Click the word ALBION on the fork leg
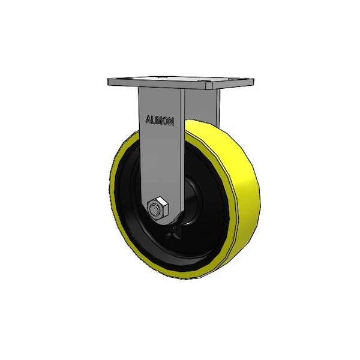pyautogui.click(x=160, y=121)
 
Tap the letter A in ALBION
pyautogui.click(x=148, y=119)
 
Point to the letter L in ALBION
pyautogui.click(x=152, y=119)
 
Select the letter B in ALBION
pyautogui.click(x=157, y=121)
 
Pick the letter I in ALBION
pyautogui.click(x=160, y=121)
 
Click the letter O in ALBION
pyautogui.click(x=164, y=121)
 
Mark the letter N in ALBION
pyautogui.click(x=171, y=122)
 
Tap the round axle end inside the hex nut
pyautogui.click(x=154, y=209)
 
